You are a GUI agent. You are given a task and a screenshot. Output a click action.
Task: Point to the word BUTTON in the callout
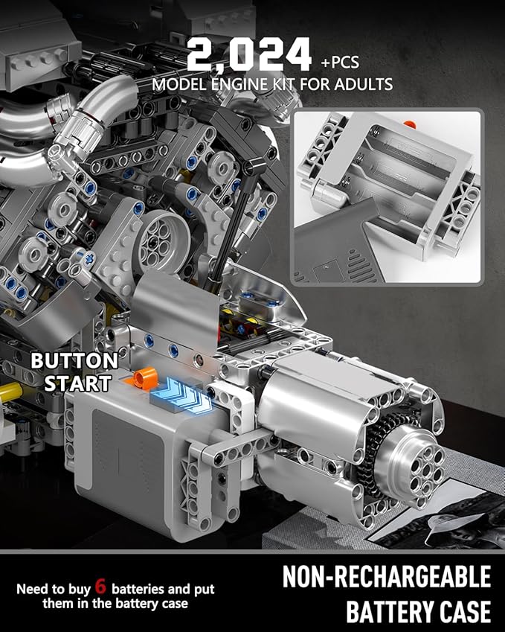pyautogui.click(x=74, y=361)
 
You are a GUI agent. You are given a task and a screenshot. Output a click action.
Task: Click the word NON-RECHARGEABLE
pyautogui.click(x=386, y=578)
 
